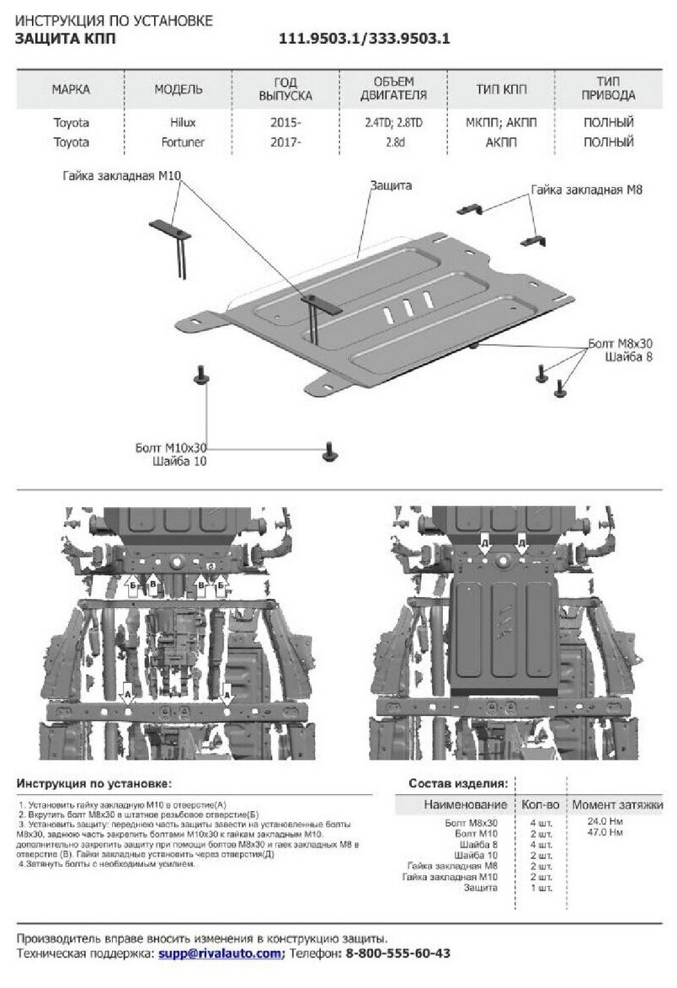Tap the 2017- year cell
click(287, 142)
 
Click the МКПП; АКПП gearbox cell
click(501, 122)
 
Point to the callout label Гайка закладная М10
click(121, 176)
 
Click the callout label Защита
click(390, 184)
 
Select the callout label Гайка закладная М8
click(586, 190)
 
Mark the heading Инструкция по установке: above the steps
click(93, 782)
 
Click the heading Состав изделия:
click(457, 782)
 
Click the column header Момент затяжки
click(617, 804)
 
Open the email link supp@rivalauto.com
click(220, 953)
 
